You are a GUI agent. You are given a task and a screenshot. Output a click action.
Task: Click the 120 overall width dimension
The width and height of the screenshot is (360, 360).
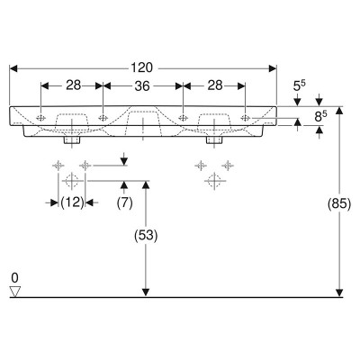[x=141, y=67]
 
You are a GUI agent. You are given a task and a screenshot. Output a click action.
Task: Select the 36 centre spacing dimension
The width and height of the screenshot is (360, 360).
[x=142, y=86]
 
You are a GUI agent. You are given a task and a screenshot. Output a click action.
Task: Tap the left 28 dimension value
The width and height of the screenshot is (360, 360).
[x=74, y=85]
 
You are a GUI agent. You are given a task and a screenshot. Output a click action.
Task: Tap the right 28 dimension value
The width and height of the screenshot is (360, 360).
[x=215, y=85]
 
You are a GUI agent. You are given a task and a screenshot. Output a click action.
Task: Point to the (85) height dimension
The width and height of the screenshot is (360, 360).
[x=339, y=204]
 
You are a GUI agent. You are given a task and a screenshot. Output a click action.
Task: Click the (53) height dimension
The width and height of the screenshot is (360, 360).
[x=146, y=236]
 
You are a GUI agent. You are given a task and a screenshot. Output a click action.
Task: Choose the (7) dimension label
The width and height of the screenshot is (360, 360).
[x=124, y=203]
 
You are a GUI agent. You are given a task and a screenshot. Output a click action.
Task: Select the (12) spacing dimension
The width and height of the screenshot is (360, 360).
[x=72, y=203]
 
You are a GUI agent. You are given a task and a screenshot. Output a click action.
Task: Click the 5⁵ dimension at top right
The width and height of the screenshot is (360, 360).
[x=299, y=86]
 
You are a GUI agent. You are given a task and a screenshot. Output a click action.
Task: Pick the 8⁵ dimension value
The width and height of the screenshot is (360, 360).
[x=321, y=117]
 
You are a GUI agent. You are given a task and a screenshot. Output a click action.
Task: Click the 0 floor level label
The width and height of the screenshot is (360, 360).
[x=14, y=278]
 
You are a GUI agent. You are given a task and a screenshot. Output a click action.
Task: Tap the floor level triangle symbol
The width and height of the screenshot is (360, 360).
[x=14, y=292]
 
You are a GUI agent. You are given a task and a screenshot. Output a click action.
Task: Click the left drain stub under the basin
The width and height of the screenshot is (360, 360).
[x=72, y=140]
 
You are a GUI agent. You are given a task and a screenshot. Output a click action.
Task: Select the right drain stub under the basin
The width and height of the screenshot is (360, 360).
[x=214, y=140]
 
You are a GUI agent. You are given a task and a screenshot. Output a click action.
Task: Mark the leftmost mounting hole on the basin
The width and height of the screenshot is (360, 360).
[x=40, y=118]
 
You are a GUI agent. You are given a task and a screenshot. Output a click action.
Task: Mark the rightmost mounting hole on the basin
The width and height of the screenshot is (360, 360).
[x=245, y=118]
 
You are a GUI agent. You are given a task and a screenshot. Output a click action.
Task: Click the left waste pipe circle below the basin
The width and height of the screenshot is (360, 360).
[x=72, y=181]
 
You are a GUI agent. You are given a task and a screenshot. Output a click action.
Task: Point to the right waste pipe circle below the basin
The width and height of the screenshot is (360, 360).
[x=214, y=181]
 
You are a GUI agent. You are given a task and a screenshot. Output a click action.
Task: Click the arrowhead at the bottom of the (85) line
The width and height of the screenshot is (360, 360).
[x=339, y=292]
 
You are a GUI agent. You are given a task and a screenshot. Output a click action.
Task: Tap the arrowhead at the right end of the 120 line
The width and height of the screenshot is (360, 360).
[x=273, y=68]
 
